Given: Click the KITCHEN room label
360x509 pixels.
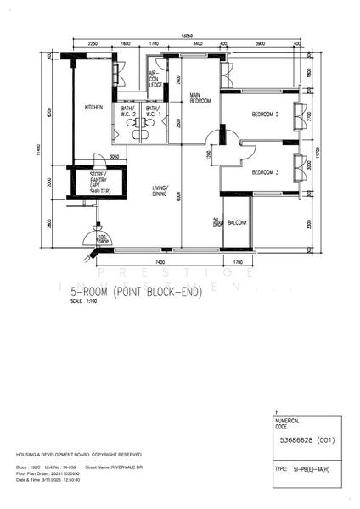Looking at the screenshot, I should tap(93, 108).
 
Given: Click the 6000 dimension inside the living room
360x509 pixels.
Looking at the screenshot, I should tap(179, 196).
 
